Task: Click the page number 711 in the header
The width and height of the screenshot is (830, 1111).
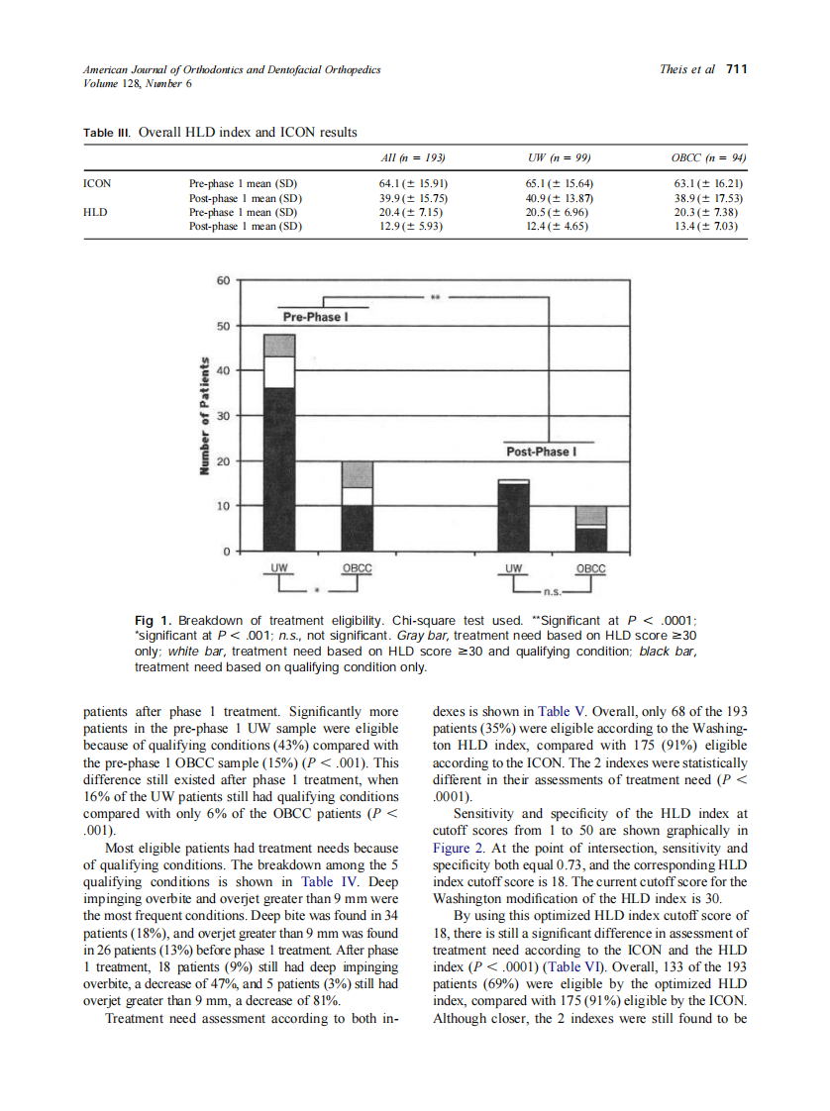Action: [x=736, y=69]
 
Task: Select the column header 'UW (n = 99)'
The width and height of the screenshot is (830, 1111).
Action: [x=561, y=157]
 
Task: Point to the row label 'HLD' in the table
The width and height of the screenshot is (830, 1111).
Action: [x=96, y=212]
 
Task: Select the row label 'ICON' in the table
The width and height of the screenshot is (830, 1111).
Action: [x=98, y=184]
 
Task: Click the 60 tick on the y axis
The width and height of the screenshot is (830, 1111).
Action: [x=223, y=280]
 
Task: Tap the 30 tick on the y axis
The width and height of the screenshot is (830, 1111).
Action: [x=223, y=416]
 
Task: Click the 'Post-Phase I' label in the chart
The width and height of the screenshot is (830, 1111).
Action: [x=540, y=452]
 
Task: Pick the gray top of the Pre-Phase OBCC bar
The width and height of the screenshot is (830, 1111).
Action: [x=357, y=474]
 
